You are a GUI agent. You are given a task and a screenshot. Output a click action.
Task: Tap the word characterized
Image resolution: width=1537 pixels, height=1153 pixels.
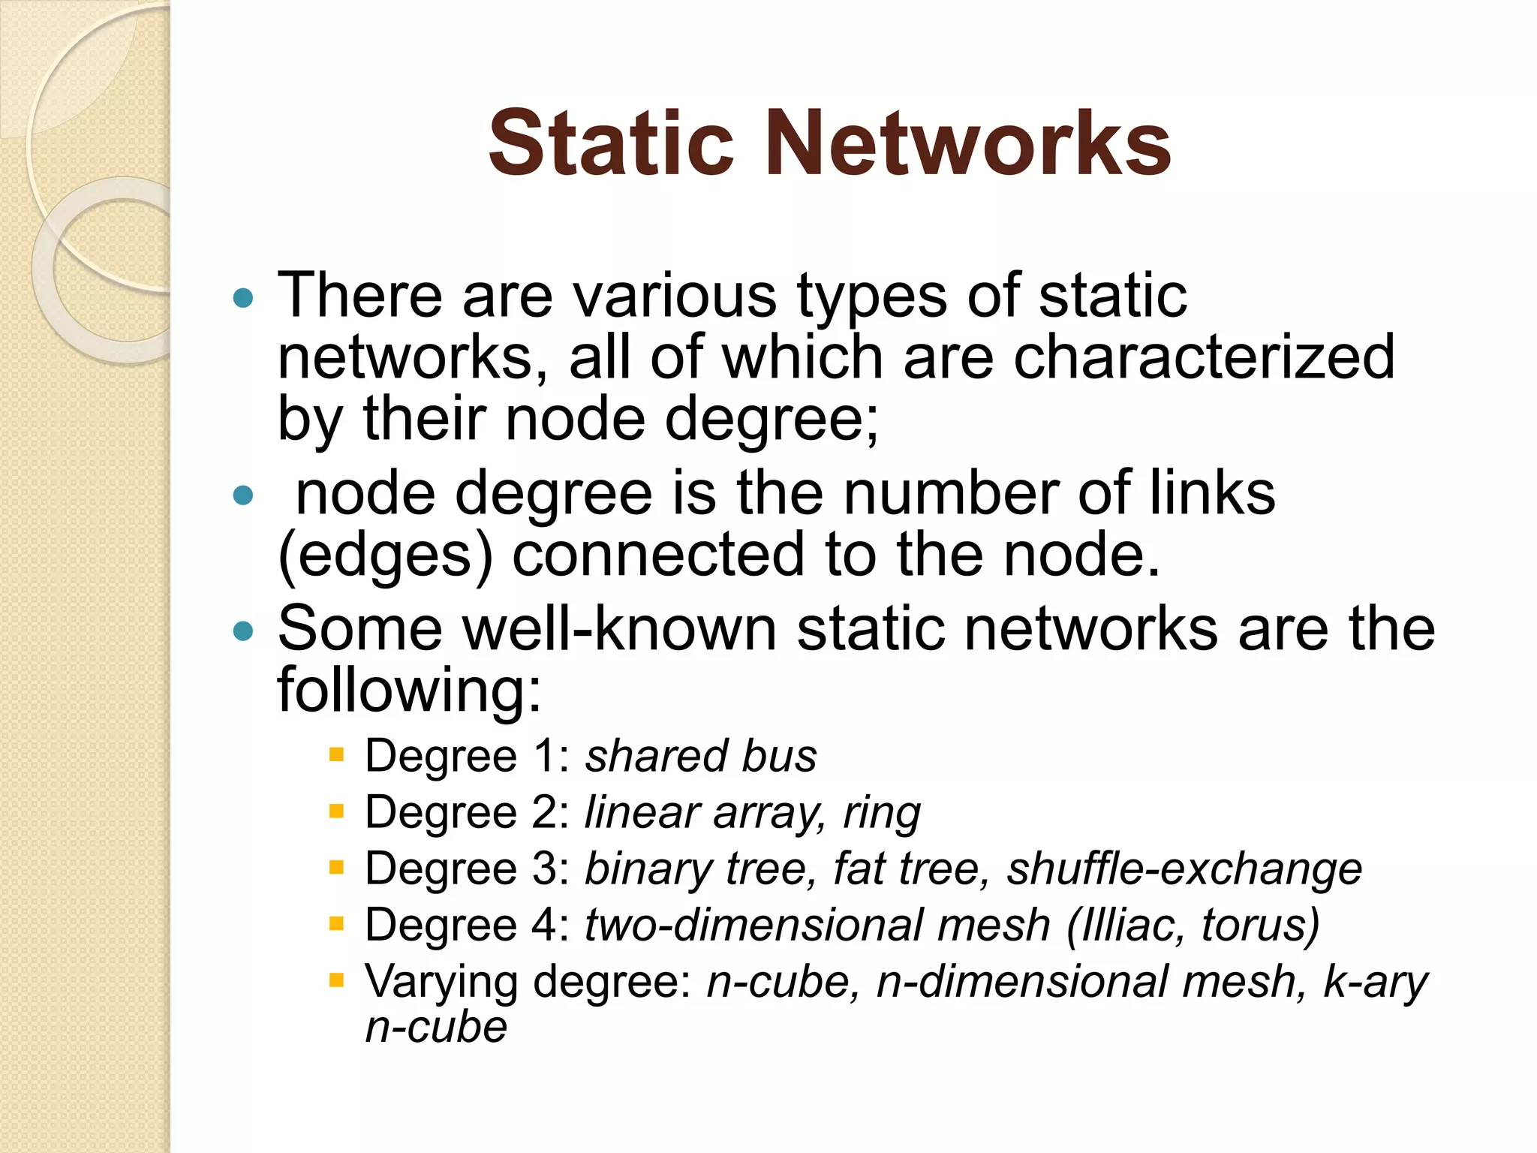click(x=1204, y=357)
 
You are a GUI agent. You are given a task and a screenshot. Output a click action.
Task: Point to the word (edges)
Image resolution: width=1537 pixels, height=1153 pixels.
click(x=385, y=555)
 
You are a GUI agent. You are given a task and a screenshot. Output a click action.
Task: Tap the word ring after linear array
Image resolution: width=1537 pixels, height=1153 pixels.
click(x=882, y=812)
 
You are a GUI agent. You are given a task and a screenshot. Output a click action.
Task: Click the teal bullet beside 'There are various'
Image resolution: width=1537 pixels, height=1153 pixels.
click(x=243, y=299)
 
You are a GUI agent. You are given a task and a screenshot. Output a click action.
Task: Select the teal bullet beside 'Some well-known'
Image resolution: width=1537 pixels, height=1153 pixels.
click(x=243, y=631)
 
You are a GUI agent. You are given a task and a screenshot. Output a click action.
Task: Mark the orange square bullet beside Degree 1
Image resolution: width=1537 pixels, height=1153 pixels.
click(x=336, y=754)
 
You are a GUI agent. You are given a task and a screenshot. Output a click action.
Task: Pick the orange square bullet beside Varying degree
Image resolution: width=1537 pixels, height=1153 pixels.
click(x=336, y=979)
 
